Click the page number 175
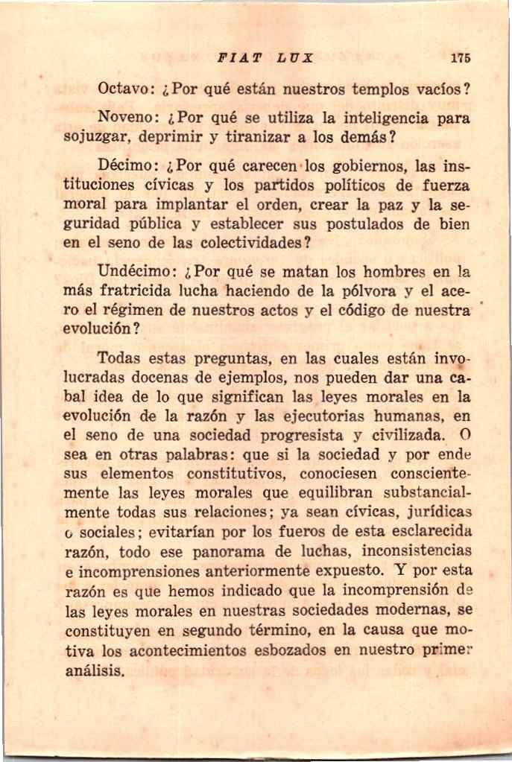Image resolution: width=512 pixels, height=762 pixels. tap(460, 57)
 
